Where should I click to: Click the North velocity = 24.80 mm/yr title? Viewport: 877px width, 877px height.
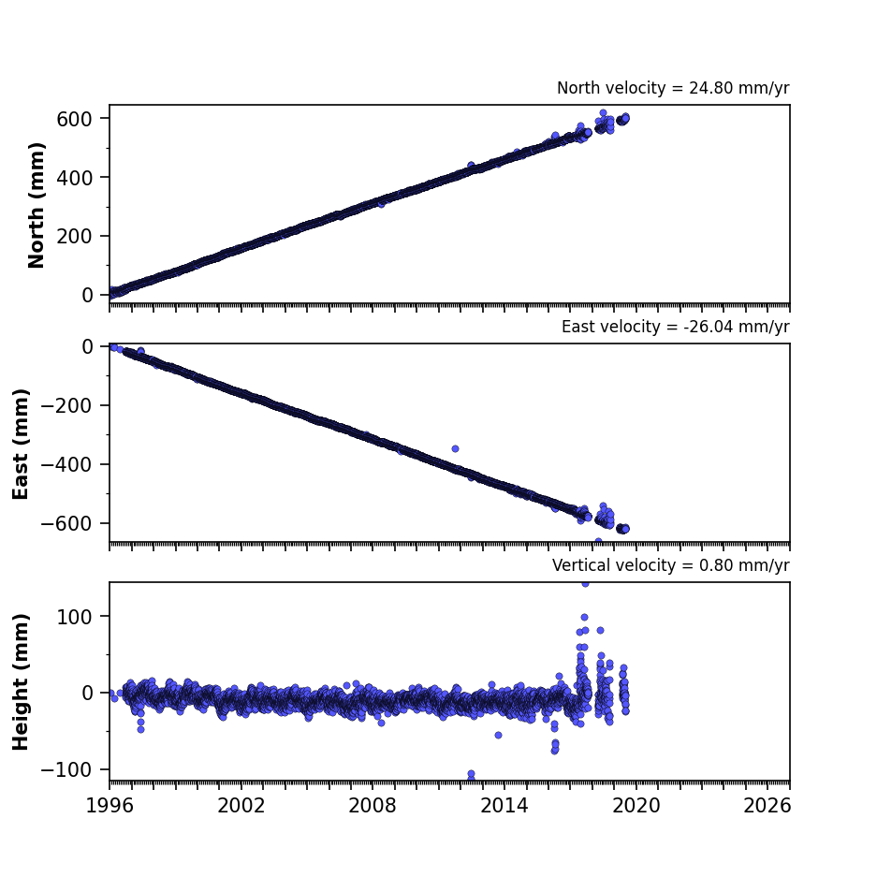(x=673, y=88)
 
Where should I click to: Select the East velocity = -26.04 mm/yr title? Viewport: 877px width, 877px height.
(x=675, y=327)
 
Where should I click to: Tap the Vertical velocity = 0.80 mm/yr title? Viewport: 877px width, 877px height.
(x=670, y=565)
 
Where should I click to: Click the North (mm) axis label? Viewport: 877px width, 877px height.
(x=36, y=205)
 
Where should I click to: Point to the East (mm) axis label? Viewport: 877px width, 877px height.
(x=21, y=444)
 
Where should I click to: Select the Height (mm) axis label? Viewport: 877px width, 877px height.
(x=21, y=681)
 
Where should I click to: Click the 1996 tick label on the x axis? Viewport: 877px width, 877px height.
(x=110, y=806)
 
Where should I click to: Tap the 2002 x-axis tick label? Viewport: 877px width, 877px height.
(x=241, y=806)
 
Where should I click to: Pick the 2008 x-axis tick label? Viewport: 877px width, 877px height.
(x=373, y=806)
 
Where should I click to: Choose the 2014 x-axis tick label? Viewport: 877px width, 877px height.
(x=504, y=806)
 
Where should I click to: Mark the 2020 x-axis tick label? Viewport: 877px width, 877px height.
(x=636, y=806)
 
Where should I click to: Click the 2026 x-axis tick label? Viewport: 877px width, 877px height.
(x=767, y=806)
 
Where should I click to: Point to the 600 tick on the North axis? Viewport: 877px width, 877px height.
(x=74, y=119)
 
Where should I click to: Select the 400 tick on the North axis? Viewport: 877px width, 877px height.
(x=74, y=178)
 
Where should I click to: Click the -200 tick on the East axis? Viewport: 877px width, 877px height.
(x=66, y=405)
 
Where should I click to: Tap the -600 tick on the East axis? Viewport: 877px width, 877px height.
(x=66, y=523)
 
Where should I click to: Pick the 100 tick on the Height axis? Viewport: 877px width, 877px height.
(x=74, y=617)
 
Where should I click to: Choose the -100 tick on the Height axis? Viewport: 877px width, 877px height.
(x=66, y=769)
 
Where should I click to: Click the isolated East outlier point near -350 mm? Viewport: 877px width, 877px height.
(x=455, y=448)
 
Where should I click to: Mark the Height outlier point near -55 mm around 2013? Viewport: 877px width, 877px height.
(x=498, y=735)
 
